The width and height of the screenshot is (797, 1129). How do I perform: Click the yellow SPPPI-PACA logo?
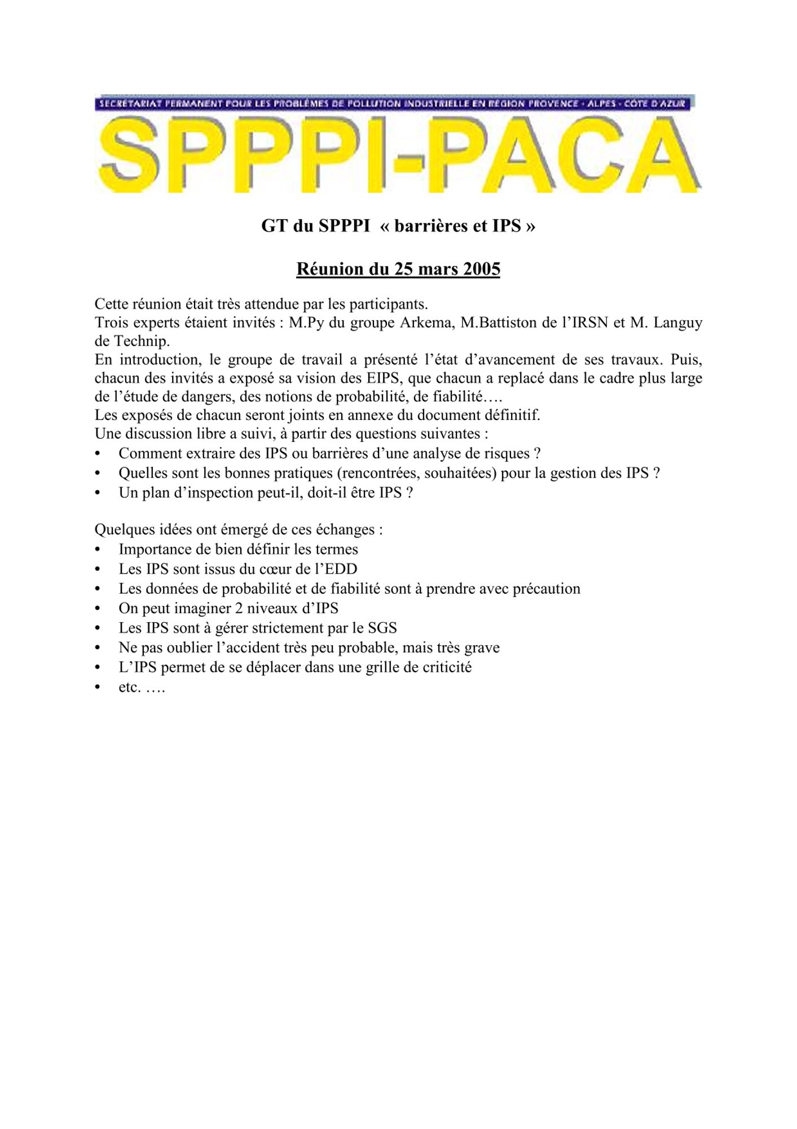[398, 154]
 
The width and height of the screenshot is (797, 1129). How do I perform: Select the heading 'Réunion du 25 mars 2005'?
[398, 269]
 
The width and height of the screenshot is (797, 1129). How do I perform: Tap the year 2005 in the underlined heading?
[481, 269]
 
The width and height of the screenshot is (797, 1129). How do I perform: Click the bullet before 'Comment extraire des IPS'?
[98, 454]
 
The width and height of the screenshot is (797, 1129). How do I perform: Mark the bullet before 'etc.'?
[98, 688]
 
